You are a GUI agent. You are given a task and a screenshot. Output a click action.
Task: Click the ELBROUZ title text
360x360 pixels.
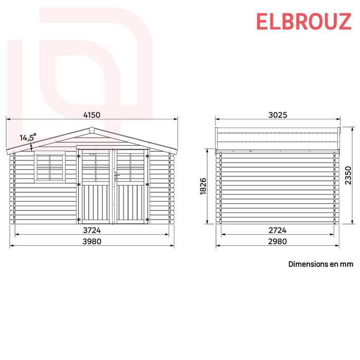(x=303, y=22)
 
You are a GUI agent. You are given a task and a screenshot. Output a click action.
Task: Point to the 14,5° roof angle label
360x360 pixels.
(x=28, y=137)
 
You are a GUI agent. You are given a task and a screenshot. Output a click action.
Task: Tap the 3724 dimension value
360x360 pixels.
(x=91, y=230)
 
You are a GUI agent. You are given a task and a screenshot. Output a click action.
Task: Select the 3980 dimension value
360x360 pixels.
(x=91, y=241)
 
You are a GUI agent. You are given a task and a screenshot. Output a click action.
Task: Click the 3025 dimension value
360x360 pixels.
(x=277, y=115)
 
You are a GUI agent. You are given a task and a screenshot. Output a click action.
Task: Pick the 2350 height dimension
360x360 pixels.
(x=348, y=175)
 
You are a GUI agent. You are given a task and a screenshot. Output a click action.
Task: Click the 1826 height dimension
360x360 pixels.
(x=203, y=186)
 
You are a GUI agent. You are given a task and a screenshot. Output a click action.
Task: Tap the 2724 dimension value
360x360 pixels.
(x=277, y=230)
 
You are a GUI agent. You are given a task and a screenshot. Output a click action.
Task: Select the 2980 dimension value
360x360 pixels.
(x=277, y=241)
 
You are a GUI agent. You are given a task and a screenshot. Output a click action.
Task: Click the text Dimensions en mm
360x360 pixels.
(x=320, y=264)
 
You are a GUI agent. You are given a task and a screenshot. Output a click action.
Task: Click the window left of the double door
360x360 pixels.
(x=49, y=166)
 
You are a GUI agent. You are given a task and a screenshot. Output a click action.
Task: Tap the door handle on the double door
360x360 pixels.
(x=116, y=175)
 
